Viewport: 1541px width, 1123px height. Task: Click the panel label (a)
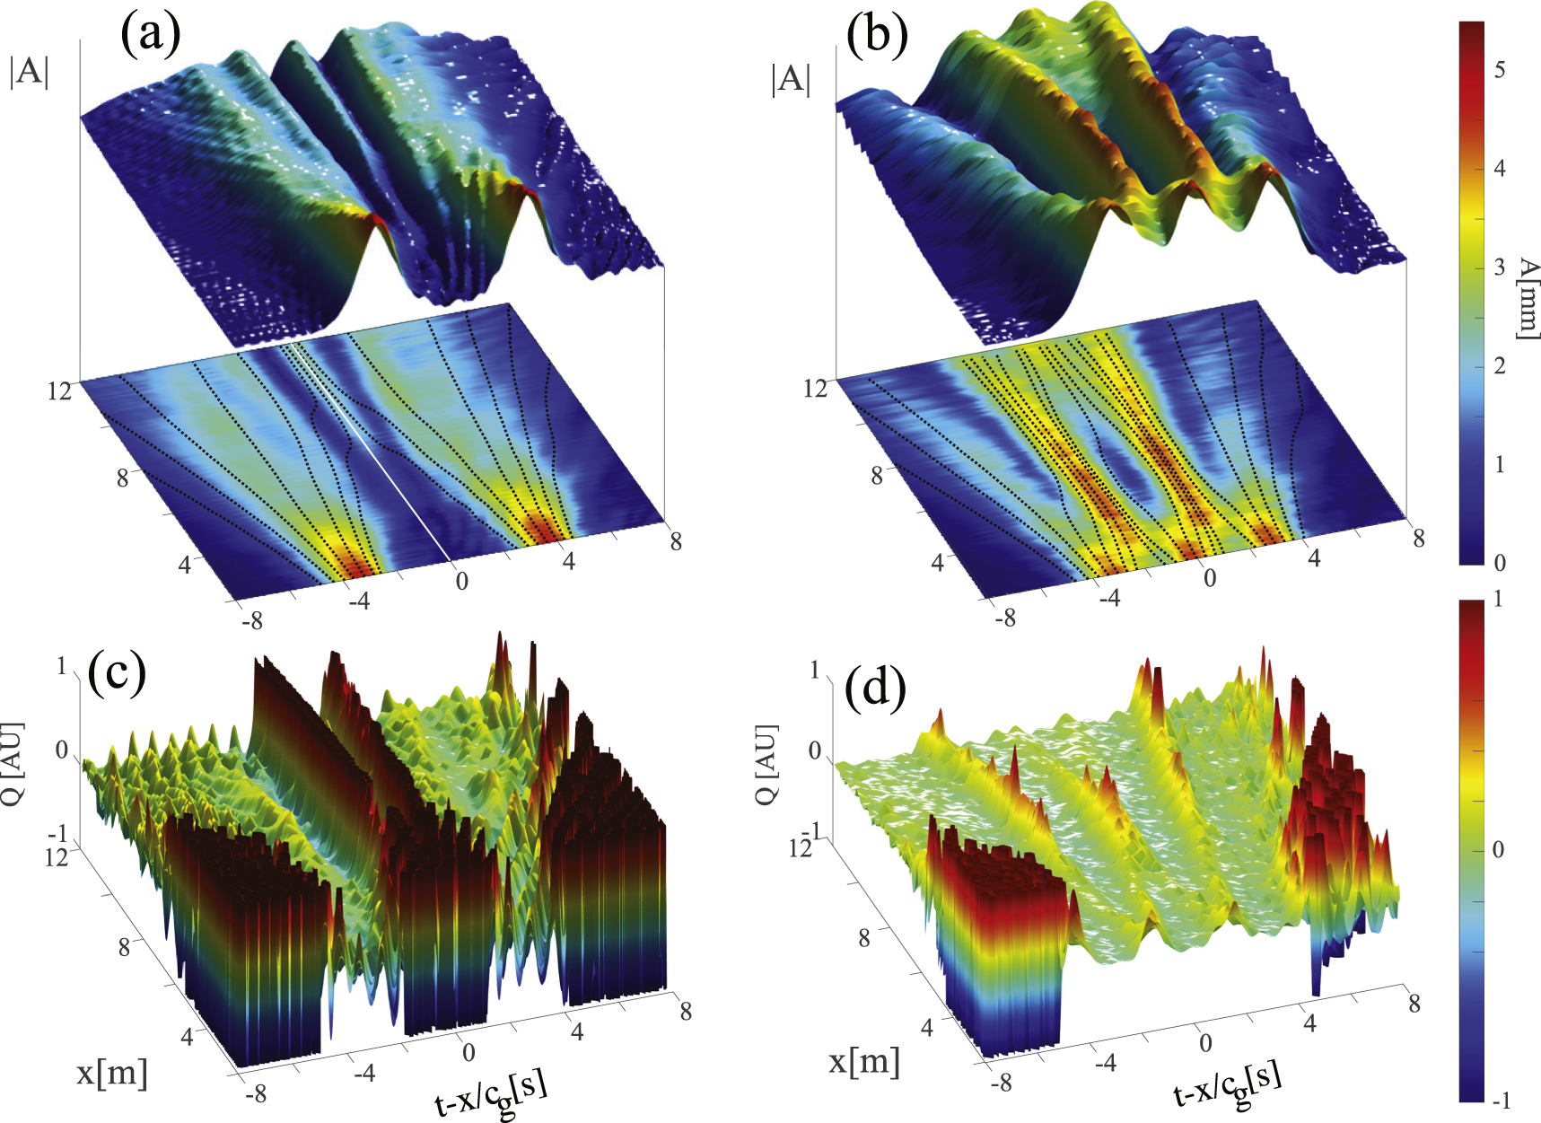pos(151,36)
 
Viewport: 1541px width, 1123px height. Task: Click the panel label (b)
pos(877,36)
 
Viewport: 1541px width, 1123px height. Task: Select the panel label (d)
pos(875,688)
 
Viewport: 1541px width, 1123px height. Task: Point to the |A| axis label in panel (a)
pos(29,71)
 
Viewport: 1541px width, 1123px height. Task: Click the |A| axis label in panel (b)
pos(791,79)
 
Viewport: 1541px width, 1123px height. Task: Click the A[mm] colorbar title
pos(1527,298)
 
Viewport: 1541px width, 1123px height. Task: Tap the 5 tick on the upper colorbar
pos(1499,70)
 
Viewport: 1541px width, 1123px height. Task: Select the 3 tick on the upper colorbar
pos(1499,268)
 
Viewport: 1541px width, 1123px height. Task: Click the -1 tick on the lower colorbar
pos(1499,1101)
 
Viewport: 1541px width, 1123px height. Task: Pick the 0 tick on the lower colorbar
pos(1498,849)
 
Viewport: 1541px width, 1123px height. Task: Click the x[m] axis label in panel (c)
pos(111,1072)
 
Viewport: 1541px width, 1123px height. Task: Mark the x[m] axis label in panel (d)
pos(864,1061)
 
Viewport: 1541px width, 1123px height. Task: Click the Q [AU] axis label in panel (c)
pos(13,763)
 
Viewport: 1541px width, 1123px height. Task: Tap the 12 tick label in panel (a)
pos(59,391)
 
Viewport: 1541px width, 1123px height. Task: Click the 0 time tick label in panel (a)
pos(461,581)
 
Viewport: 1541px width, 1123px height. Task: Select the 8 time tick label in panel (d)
pos(1414,1003)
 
